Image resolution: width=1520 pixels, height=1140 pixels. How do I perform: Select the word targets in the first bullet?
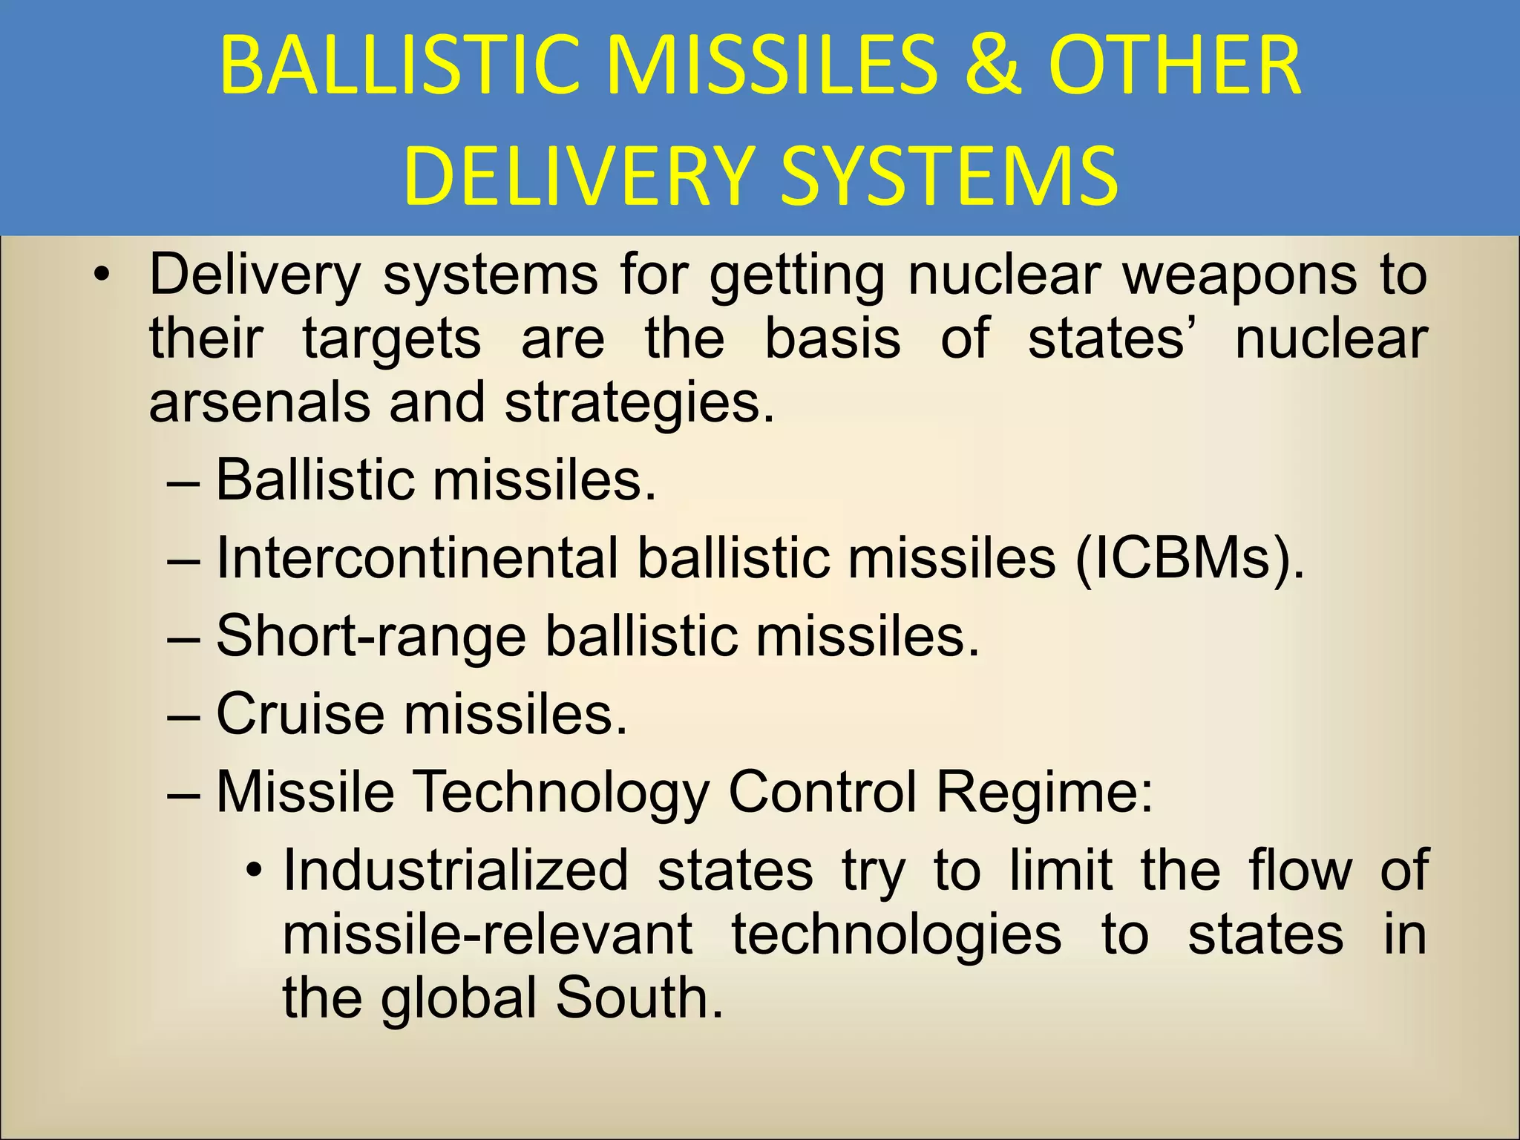coord(392,340)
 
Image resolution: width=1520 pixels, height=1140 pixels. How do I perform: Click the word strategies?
coord(639,403)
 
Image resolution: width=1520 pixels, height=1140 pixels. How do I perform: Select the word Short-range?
coord(371,636)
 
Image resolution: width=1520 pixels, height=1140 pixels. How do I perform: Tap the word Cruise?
coord(300,714)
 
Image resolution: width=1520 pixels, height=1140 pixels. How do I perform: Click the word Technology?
coord(560,792)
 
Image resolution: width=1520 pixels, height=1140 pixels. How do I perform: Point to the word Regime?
coord(1044,792)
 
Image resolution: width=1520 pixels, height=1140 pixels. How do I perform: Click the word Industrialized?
coord(455,870)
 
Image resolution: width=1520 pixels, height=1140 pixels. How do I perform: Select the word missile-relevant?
coord(488,934)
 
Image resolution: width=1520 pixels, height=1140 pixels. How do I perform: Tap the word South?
coord(638,997)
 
